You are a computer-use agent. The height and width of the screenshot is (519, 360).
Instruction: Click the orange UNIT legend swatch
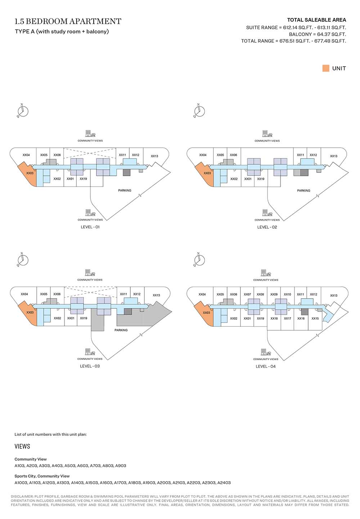click(326, 68)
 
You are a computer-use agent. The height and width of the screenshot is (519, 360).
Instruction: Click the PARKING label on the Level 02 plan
click(303, 191)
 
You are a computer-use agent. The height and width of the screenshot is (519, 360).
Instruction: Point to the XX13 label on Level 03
click(156, 295)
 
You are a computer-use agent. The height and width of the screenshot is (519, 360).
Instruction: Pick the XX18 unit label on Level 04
click(274, 318)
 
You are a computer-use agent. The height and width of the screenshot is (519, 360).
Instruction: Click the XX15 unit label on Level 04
click(315, 318)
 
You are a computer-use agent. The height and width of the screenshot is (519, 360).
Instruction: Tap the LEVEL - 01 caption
click(90, 227)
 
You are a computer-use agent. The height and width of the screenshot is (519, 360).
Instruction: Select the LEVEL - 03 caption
click(90, 366)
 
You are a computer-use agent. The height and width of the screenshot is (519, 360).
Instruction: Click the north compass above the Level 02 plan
click(199, 111)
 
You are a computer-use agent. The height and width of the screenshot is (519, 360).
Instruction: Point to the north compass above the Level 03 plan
click(23, 260)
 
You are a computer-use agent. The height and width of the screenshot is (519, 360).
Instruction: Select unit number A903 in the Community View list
click(121, 466)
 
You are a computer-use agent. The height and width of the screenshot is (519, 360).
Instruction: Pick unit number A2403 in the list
click(224, 483)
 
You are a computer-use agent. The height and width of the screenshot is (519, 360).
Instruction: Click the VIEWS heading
click(22, 446)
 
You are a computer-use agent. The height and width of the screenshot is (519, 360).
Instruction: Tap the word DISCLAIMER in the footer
click(22, 497)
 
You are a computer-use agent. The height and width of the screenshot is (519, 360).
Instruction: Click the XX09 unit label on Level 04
click(274, 295)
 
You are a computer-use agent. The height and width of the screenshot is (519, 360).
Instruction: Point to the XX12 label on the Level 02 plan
click(313, 155)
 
